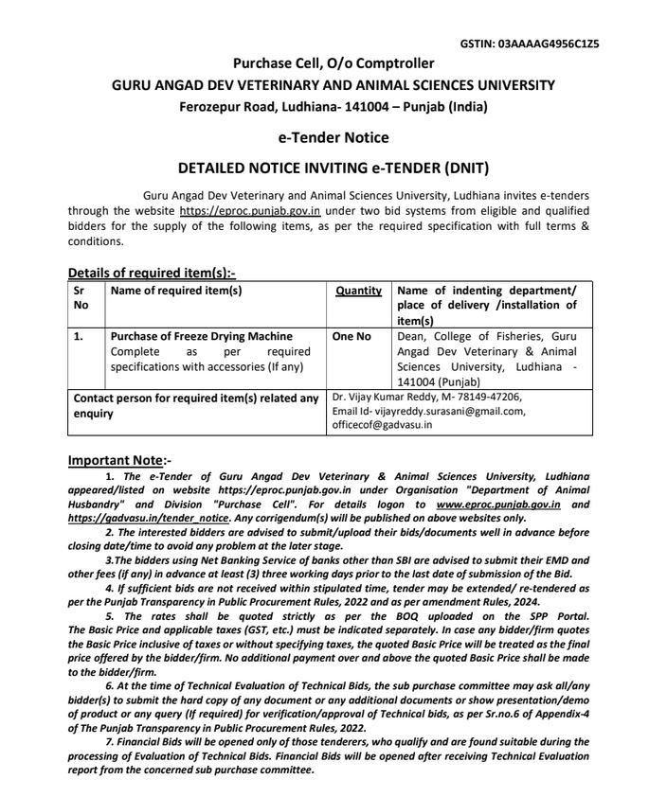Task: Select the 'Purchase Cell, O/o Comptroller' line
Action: pyautogui.click(x=334, y=64)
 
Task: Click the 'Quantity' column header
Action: pyautogui.click(x=358, y=292)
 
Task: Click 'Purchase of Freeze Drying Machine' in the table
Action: pyautogui.click(x=202, y=336)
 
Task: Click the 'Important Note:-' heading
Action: pyautogui.click(x=119, y=460)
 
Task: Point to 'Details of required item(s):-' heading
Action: pyautogui.click(x=151, y=273)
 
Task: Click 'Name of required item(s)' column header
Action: pyautogui.click(x=176, y=292)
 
